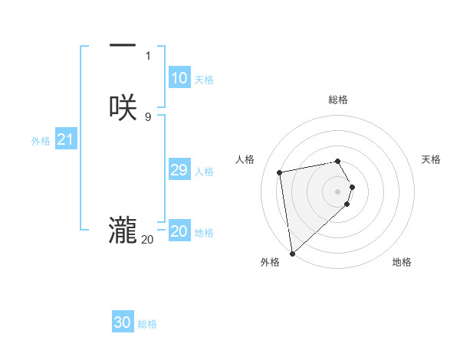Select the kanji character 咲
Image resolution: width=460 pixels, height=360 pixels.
123,108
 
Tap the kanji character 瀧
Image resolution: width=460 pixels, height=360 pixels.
123,230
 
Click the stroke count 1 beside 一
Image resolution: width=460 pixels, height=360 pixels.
148,56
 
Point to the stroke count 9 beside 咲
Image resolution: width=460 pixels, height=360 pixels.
148,116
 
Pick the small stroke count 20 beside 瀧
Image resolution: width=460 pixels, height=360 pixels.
147,239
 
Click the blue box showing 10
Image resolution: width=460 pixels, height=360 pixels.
179,78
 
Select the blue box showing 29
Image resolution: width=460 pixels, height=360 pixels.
179,170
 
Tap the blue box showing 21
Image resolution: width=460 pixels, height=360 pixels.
65,139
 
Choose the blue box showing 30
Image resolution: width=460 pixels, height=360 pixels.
123,322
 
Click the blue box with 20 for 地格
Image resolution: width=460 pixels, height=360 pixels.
179,231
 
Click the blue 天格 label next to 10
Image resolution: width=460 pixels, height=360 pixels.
204,80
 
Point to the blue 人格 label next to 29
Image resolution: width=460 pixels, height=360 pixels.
204,172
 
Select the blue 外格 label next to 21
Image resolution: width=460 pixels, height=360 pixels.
41,141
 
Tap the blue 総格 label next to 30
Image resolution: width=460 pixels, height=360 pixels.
147,324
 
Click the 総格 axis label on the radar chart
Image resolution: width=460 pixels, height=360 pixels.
338,100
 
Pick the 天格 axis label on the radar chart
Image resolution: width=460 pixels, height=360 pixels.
431,159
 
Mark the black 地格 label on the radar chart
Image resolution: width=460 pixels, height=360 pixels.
402,262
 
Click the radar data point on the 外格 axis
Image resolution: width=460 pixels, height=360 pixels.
292,253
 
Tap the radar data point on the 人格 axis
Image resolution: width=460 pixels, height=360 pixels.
280,172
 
